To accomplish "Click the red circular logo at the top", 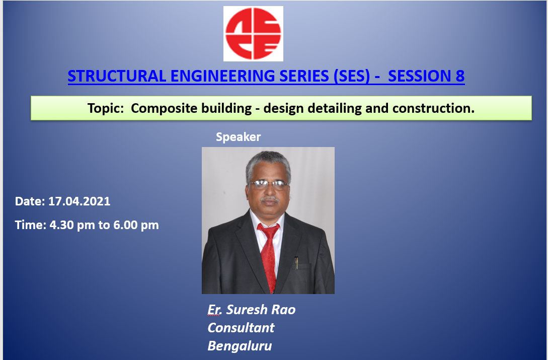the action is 254,34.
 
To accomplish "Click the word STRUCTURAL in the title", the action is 117,76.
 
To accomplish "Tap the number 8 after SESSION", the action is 460,76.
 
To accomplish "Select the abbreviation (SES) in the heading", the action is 352,76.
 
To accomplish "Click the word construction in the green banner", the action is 431,108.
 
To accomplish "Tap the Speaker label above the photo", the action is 239,137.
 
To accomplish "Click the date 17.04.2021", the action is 80,201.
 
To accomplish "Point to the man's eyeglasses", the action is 268,185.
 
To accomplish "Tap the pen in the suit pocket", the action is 296,263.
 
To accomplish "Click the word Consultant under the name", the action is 241,328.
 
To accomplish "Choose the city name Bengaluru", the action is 240,346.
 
